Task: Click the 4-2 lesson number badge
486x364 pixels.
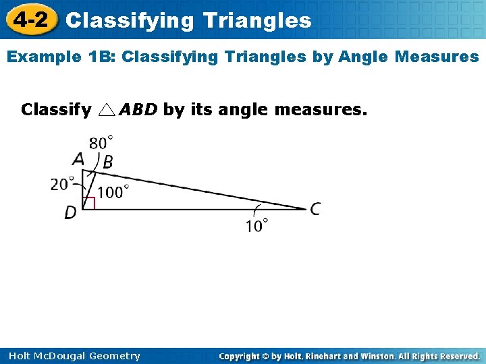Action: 30,20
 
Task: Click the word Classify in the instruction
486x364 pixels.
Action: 56,109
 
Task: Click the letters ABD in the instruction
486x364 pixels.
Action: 138,109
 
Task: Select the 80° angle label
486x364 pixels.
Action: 101,143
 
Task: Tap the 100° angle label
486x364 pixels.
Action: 113,192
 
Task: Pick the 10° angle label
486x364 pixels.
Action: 256,225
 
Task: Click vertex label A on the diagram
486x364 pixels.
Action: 78,160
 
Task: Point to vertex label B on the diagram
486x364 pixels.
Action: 107,162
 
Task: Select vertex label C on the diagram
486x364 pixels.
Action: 315,209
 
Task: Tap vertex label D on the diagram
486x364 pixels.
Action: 70,213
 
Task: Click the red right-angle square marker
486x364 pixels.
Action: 88,203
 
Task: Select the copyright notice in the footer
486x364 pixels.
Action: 350,356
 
